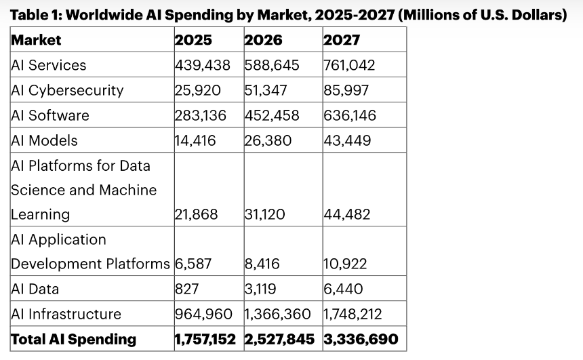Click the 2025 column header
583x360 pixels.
point(193,40)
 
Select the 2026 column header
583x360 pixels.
point(264,40)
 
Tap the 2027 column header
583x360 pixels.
point(342,40)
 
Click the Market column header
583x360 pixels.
point(36,40)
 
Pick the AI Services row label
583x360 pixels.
point(49,66)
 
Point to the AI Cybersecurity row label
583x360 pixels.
point(67,90)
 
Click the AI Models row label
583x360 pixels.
point(45,140)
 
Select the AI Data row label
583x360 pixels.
point(35,289)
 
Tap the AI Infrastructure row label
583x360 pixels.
point(66,314)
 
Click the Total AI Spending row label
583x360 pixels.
point(73,339)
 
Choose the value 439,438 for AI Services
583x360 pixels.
point(203,66)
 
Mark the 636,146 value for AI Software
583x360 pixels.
point(350,115)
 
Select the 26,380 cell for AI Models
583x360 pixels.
point(268,140)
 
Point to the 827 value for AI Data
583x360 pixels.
point(186,289)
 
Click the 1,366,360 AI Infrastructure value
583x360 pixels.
point(278,314)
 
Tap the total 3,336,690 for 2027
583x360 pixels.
point(361,339)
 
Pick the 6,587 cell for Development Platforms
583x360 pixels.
point(194,264)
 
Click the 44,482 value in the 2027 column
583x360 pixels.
point(347,214)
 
